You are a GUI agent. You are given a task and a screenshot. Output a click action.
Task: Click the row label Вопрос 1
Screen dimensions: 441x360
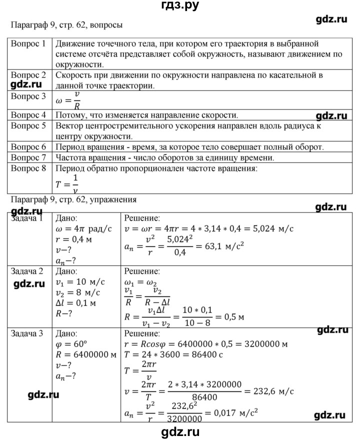[x=28, y=43]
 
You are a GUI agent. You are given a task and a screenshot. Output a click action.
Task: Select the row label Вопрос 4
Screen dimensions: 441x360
[x=28, y=114]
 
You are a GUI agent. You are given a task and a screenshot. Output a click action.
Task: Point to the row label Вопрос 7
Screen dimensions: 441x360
[x=28, y=158]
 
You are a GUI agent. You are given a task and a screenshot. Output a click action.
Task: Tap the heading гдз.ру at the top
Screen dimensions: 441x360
[x=179, y=6]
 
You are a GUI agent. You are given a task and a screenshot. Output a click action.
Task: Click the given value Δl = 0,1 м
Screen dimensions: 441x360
[x=77, y=303]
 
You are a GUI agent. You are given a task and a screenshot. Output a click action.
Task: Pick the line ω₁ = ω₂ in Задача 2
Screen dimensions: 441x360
[x=141, y=282]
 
